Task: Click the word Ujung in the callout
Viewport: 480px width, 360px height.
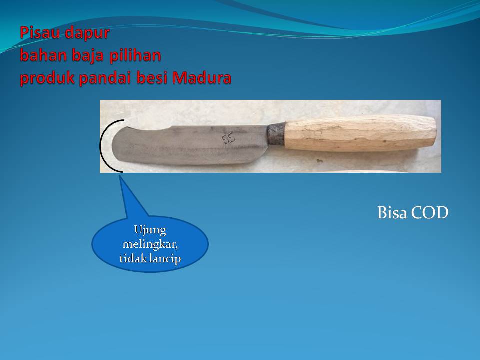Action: (x=150, y=230)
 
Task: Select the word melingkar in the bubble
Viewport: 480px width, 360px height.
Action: (x=150, y=245)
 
